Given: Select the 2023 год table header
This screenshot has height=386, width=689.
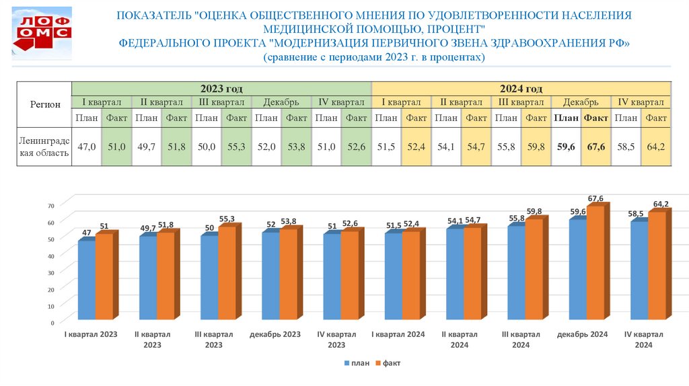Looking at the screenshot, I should (221, 89).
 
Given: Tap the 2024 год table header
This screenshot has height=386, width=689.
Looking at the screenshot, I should (521, 89).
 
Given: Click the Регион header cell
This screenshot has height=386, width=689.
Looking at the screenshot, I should (45, 104).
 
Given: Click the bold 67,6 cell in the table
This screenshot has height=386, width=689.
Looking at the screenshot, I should (596, 146).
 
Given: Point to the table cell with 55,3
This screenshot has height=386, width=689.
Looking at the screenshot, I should (236, 146).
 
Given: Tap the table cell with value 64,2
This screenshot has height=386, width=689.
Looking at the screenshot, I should (655, 146).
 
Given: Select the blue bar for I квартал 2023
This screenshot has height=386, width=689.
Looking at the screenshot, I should (86, 279).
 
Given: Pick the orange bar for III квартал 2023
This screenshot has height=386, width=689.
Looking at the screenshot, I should (227, 272).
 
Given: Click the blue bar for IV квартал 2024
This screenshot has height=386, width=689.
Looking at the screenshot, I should (639, 269).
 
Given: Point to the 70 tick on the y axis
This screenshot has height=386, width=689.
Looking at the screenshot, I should (50, 204).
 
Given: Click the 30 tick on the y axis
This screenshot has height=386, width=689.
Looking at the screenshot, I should (50, 272).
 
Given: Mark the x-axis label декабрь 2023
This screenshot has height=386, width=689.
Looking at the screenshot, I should (275, 334).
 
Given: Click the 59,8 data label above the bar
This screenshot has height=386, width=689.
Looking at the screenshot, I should (534, 212).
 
